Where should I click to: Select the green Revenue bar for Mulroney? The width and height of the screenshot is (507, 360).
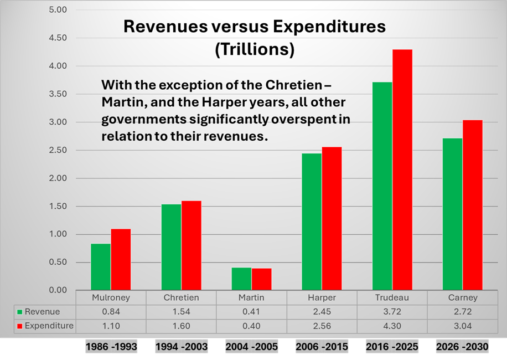click(101, 267)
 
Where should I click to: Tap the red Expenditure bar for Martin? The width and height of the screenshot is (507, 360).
click(262, 279)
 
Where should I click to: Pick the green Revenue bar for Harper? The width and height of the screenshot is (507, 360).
click(312, 222)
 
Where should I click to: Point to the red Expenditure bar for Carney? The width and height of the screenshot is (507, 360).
click(473, 205)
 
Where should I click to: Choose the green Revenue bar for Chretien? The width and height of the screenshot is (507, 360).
click(171, 247)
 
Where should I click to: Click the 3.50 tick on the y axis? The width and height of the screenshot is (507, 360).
click(58, 94)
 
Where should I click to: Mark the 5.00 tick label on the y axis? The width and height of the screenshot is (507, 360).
click(58, 10)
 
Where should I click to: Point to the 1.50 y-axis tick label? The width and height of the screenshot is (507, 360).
click(58, 207)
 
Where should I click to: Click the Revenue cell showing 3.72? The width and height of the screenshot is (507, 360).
click(392, 312)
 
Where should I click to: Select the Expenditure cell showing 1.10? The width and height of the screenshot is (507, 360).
click(111, 326)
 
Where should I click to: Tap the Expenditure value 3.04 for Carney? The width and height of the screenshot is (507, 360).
click(463, 326)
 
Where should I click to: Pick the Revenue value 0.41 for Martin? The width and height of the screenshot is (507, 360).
click(252, 312)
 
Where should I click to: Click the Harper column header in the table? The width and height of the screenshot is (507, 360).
click(322, 298)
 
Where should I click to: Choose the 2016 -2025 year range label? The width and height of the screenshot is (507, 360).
click(392, 347)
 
